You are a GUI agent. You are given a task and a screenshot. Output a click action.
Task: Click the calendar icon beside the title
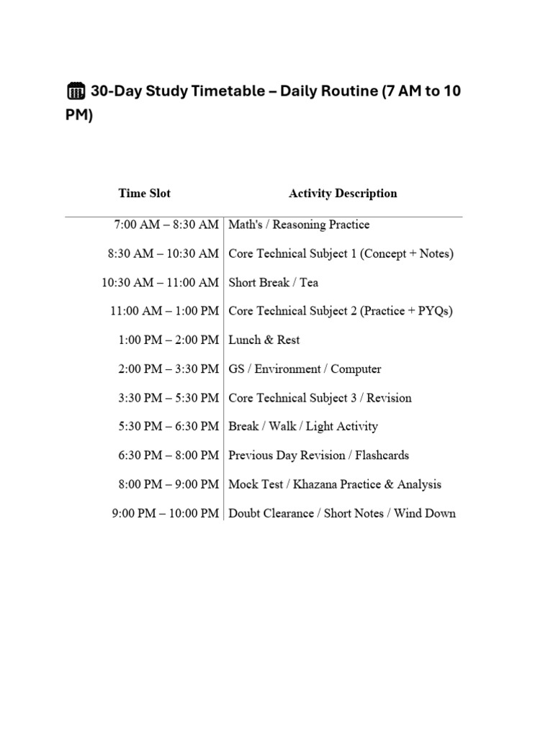(76, 91)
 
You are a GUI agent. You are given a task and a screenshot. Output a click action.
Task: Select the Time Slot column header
(145, 193)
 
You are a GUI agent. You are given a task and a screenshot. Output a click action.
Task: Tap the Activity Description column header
(343, 193)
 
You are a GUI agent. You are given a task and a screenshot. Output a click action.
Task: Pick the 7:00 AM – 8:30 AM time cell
(166, 225)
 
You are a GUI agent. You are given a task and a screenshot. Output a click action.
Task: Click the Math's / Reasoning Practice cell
(299, 225)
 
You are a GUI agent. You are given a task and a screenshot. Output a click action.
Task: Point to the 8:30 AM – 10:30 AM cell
(163, 253)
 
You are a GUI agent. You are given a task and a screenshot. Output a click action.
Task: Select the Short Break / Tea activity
(273, 282)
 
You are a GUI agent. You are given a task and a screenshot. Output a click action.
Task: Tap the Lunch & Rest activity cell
(264, 340)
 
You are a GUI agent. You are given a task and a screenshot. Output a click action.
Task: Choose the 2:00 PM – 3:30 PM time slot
(168, 368)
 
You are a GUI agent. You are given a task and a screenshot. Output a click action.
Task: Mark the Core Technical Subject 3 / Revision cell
(320, 397)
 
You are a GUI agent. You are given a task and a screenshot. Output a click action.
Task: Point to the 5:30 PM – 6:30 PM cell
(168, 426)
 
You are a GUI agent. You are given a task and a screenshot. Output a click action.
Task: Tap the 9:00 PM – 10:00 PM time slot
(166, 513)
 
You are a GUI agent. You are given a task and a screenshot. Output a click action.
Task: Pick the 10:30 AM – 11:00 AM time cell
(160, 282)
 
